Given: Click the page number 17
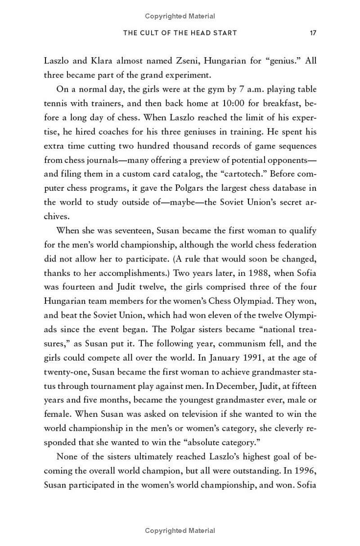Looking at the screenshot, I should coord(313,33).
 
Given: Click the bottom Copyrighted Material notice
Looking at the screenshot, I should coord(180,531).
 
